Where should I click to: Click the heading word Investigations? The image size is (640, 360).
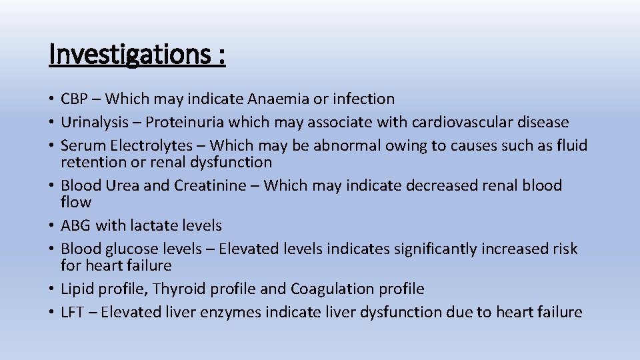tap(130, 55)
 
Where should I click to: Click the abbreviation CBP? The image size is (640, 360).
tap(74, 99)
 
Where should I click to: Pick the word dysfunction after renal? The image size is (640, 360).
tap(231, 162)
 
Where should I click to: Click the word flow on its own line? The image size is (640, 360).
tap(76, 202)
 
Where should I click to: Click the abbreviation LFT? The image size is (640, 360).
tap(71, 312)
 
